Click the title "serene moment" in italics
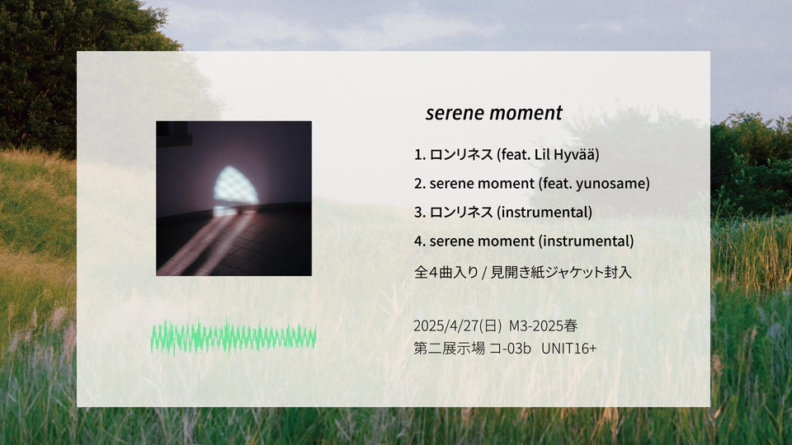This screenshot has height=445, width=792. pyautogui.click(x=493, y=113)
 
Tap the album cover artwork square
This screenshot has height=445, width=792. pyautogui.click(x=233, y=199)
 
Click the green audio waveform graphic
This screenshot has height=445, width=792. pyautogui.click(x=233, y=338)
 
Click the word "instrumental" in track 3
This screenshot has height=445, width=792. pyautogui.click(x=544, y=212)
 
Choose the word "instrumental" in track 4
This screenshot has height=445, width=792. pyautogui.click(x=586, y=241)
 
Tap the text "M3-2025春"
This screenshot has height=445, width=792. pyautogui.click(x=543, y=326)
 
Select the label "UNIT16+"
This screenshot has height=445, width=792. pyautogui.click(x=568, y=348)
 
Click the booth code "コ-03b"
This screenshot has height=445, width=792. pyautogui.click(x=510, y=348)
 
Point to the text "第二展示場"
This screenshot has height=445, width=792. pyautogui.click(x=449, y=348)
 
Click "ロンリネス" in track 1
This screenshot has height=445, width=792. pyautogui.click(x=461, y=154)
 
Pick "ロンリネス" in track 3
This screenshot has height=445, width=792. pyautogui.click(x=461, y=212)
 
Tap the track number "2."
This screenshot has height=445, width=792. pyautogui.click(x=419, y=184)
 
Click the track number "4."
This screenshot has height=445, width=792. pyautogui.click(x=419, y=241)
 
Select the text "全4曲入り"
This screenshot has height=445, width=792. pyautogui.click(x=446, y=273)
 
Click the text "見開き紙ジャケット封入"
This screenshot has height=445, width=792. pyautogui.click(x=561, y=273)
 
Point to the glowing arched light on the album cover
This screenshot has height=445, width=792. pyautogui.click(x=236, y=185)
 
